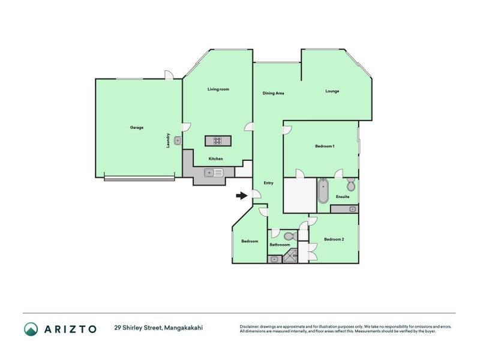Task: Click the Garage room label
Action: (x=137, y=127)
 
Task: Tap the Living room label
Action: (x=218, y=89)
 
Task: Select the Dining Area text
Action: (x=273, y=93)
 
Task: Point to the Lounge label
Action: (x=332, y=91)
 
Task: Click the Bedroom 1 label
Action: (x=325, y=146)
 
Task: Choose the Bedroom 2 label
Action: (x=334, y=239)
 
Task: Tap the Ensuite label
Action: (x=343, y=197)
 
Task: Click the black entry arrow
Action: (x=242, y=196)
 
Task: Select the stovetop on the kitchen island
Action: (x=217, y=141)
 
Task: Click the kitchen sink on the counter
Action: (x=214, y=173)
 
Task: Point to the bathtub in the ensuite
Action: (x=323, y=191)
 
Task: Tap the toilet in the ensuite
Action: (x=351, y=184)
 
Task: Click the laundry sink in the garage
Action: (x=178, y=140)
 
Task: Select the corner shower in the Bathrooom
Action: (x=290, y=256)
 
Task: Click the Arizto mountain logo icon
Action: (x=31, y=329)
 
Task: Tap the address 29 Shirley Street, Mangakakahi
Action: (x=158, y=328)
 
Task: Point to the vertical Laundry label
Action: (x=168, y=140)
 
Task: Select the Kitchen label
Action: (x=215, y=158)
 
